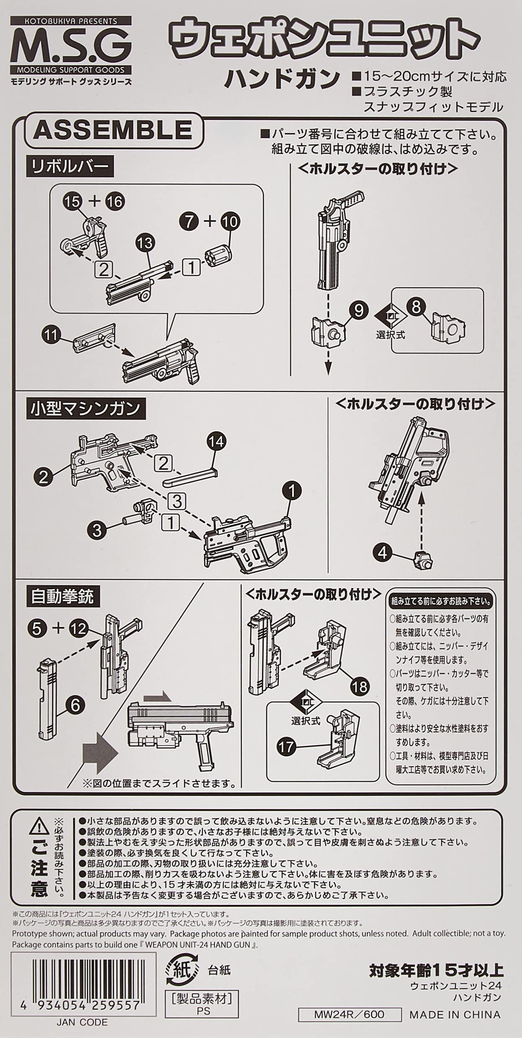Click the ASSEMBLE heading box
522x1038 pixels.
click(x=113, y=131)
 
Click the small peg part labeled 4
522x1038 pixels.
click(x=422, y=560)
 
